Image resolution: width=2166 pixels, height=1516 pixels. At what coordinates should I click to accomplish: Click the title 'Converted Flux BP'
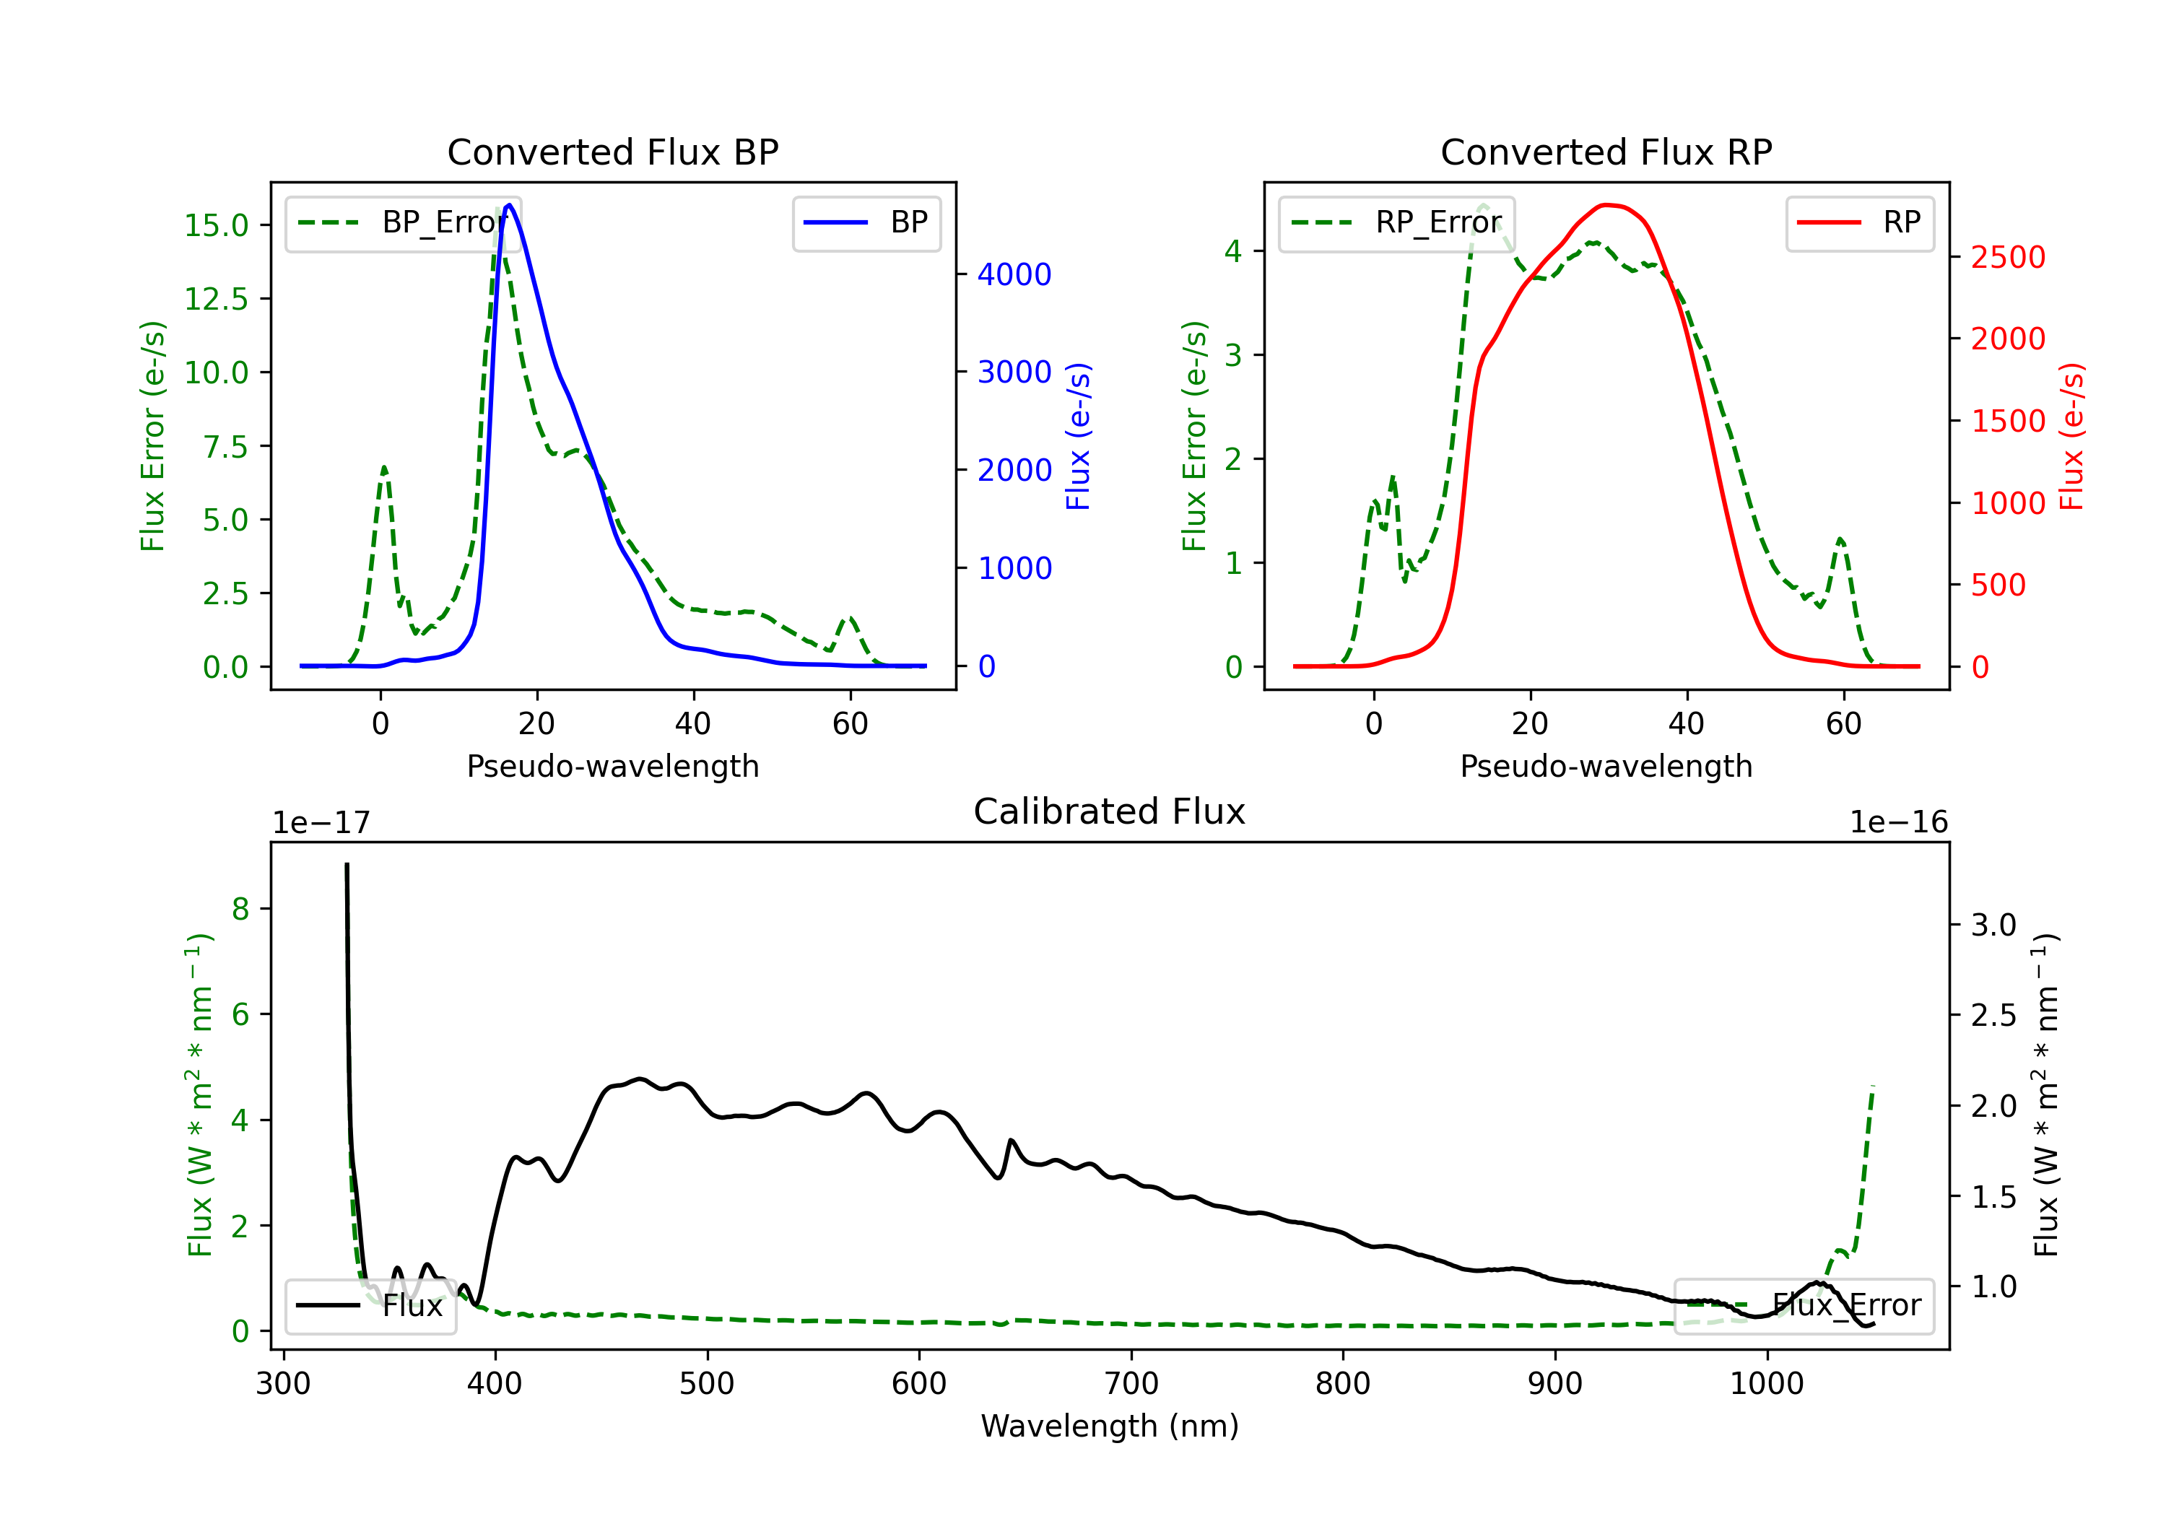(x=613, y=152)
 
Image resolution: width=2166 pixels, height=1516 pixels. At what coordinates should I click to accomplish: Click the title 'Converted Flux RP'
(x=1606, y=152)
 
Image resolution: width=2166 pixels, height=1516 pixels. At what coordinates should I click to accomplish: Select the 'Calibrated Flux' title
(x=1110, y=811)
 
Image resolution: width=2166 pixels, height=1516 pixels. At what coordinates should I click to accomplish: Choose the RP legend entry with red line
(x=1859, y=222)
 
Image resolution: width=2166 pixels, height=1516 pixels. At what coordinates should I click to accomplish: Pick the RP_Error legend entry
(x=1396, y=222)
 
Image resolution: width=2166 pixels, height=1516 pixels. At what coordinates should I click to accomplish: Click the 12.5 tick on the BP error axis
(x=216, y=299)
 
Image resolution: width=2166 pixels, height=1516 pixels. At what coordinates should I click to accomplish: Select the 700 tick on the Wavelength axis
(x=1131, y=1384)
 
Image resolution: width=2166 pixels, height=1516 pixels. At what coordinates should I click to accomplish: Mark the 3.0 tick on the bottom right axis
(x=1993, y=925)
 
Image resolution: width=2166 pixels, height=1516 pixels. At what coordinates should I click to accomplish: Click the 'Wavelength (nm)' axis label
(x=1110, y=1426)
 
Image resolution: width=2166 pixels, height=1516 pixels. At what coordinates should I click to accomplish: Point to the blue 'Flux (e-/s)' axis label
(x=1078, y=436)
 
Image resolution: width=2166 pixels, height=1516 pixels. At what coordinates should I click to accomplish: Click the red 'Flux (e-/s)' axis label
(x=2071, y=436)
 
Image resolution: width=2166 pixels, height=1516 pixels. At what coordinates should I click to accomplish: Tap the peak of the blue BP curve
(x=510, y=205)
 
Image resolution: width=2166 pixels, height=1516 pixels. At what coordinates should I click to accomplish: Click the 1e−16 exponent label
(x=1898, y=823)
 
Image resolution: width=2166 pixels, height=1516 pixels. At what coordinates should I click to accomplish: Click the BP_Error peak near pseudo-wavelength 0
(x=384, y=467)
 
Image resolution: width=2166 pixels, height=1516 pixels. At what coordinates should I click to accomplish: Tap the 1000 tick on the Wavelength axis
(x=1767, y=1384)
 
